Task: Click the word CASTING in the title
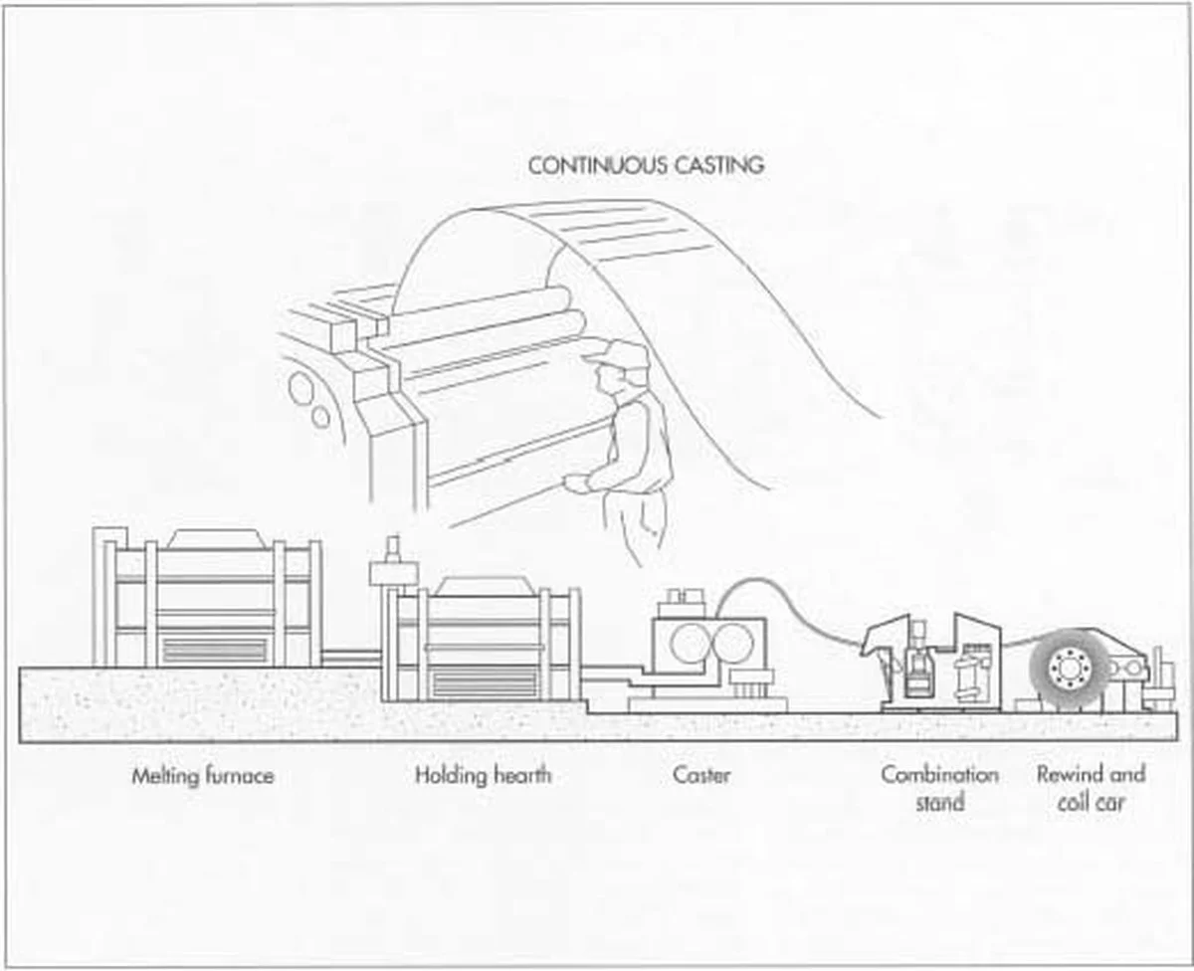click(x=715, y=165)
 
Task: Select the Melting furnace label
click(x=203, y=775)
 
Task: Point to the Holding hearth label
click(x=482, y=775)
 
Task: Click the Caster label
click(x=701, y=775)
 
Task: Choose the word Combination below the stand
click(x=939, y=774)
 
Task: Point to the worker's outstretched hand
click(x=575, y=484)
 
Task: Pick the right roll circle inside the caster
click(x=733, y=644)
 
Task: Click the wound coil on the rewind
click(x=1070, y=670)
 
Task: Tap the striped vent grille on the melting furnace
click(x=214, y=651)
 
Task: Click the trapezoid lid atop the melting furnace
click(x=215, y=539)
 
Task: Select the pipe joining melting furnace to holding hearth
click(x=351, y=656)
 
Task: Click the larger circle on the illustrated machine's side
click(x=299, y=388)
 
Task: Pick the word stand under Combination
click(x=939, y=802)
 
